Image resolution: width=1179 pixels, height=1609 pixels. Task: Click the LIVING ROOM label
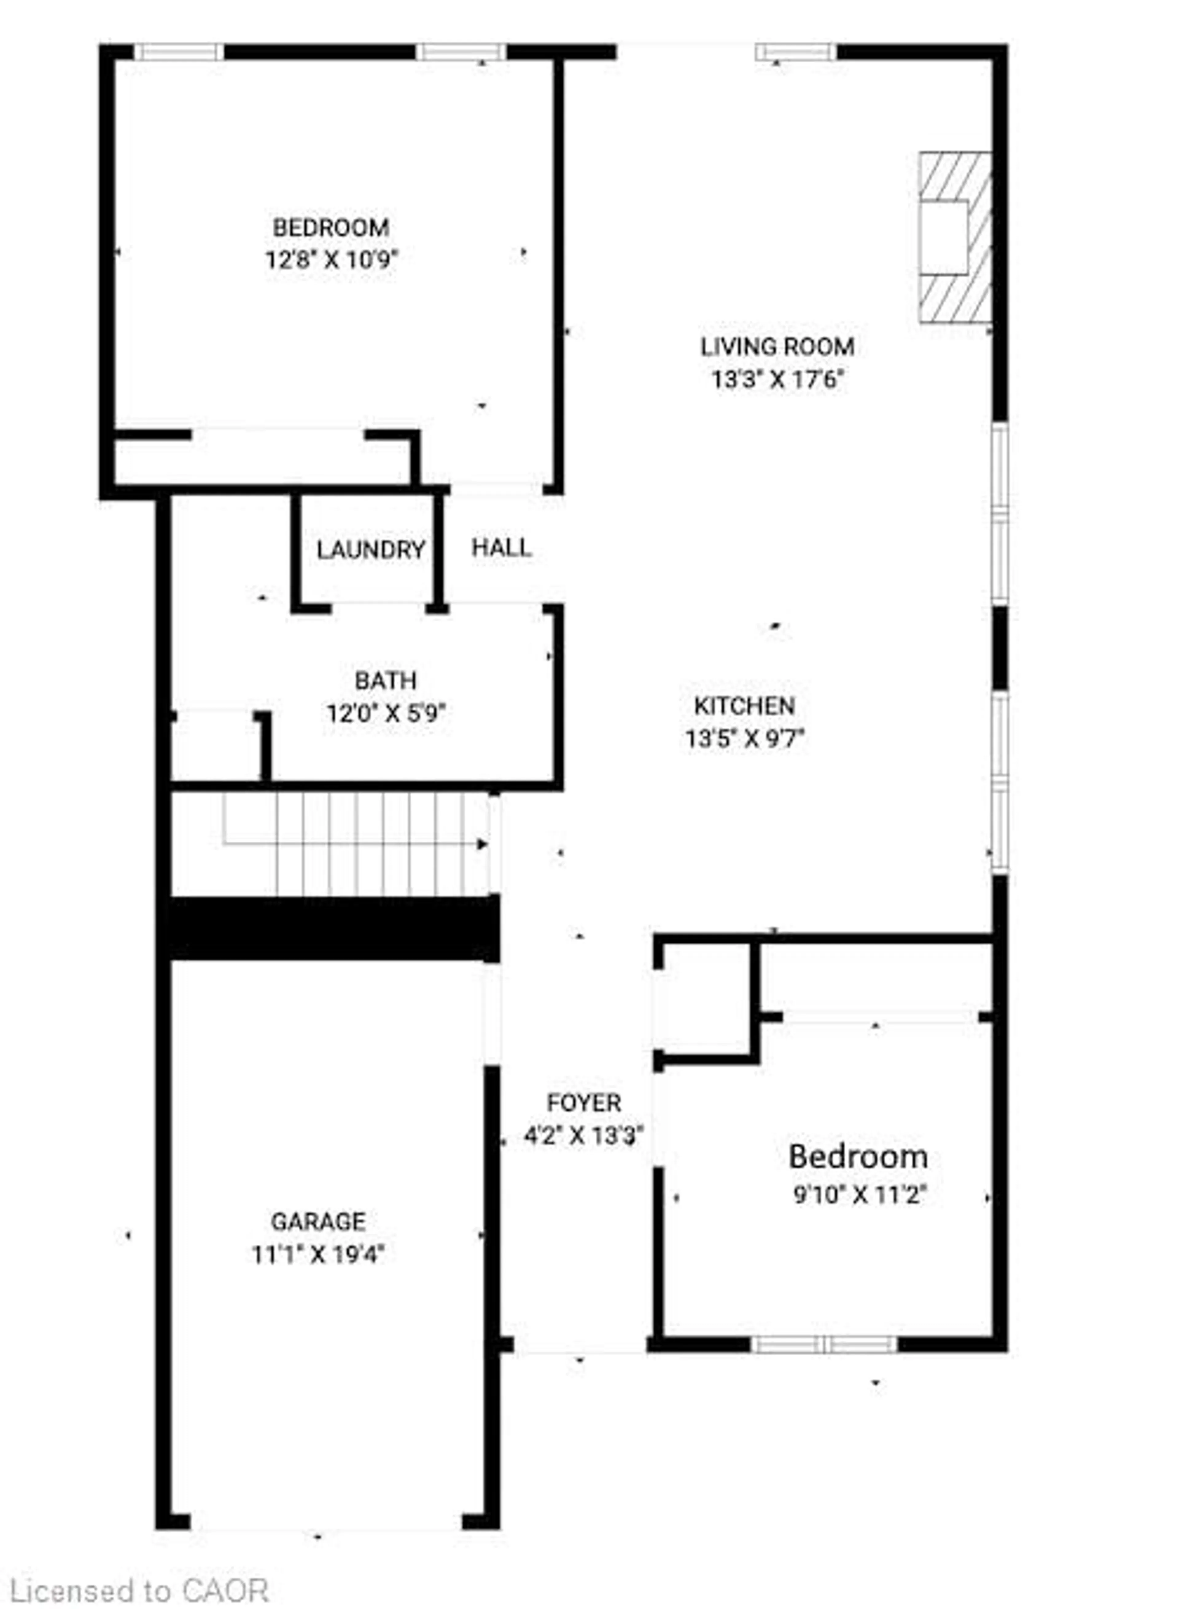pos(777,347)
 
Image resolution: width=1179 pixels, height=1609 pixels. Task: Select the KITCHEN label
pos(744,706)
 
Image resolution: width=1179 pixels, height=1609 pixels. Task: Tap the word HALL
pos(502,548)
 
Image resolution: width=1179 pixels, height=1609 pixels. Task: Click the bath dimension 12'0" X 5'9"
pos(386,713)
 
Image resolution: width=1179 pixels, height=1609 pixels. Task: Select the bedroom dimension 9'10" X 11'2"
pos(859,1194)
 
